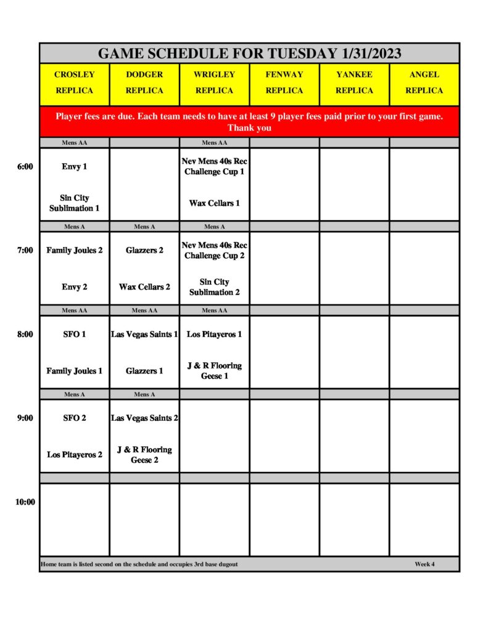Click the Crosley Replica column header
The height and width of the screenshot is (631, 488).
point(75,83)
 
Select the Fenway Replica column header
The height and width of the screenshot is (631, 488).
point(284,83)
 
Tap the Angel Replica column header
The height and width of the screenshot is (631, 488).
point(424,83)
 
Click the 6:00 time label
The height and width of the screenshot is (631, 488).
point(25,166)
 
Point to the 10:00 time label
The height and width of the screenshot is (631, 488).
point(25,502)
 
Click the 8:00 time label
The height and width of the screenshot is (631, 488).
point(25,334)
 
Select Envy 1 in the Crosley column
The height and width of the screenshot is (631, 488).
point(75,166)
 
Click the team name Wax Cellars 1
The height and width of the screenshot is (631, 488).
point(215,203)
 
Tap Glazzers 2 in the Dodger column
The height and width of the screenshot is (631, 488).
point(144,250)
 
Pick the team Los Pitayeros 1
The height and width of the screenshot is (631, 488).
point(214,334)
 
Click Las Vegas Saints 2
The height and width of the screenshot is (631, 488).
point(144,418)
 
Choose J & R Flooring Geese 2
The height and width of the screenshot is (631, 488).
point(144,455)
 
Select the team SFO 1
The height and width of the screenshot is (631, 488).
point(75,334)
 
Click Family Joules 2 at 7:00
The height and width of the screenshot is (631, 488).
point(75,250)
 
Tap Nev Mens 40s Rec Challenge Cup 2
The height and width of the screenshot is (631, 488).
point(214,250)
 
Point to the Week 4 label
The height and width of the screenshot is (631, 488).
point(424,564)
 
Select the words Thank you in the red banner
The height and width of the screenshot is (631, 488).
point(249,128)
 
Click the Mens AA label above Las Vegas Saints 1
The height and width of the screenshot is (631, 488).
point(144,311)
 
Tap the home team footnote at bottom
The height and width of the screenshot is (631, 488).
point(139,564)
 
